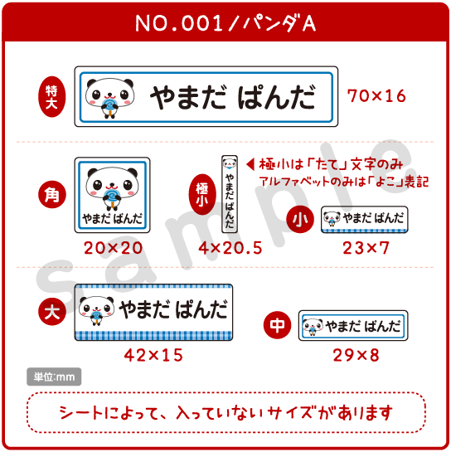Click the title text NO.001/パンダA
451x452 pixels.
pos(225,23)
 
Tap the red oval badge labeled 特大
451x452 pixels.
pos(52,96)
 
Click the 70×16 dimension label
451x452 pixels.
pos(376,96)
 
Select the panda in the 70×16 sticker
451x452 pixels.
pos(109,97)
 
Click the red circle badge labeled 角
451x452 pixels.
pos(52,195)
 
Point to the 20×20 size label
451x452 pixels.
pos(113,248)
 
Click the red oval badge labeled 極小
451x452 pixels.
pos(202,194)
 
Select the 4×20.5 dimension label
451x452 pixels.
pos(230,248)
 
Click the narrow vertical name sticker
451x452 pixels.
pos(230,194)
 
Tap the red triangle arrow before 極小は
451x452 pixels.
pos(250,164)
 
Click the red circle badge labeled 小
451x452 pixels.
pos(300,220)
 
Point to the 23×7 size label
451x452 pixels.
pos(366,248)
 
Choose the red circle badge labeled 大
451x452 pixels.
pos(52,312)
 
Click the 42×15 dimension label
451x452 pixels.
pos(153,355)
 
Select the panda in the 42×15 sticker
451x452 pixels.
pos(96,310)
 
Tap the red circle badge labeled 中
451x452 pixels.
pos(277,325)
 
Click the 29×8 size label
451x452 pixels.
pos(356,355)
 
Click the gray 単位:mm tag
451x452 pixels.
pos(54,377)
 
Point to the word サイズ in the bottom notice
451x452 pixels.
pos(290,412)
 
